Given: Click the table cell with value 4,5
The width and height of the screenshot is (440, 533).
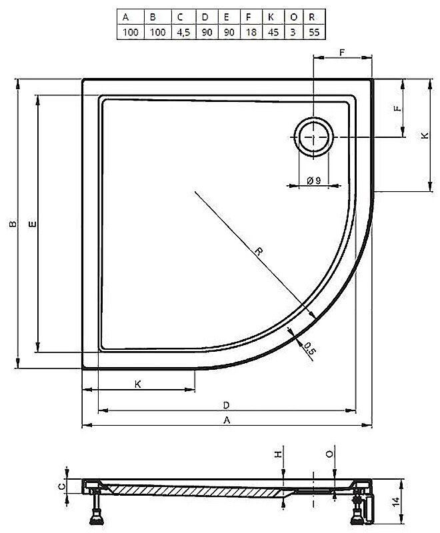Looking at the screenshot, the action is (183, 32).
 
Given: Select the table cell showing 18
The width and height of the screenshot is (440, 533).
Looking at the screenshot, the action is (251, 32).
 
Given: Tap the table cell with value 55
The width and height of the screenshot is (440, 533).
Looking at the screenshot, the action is (314, 32).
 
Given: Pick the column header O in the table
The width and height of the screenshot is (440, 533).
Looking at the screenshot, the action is (294, 17).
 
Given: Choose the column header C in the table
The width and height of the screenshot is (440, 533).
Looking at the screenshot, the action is (180, 17).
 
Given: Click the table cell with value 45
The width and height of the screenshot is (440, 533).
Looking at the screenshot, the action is (273, 32).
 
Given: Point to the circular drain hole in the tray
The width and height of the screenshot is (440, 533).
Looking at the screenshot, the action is (313, 137).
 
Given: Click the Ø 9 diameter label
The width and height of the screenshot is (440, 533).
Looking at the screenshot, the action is (313, 181).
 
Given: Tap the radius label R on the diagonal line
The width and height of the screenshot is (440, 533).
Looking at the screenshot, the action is (259, 252).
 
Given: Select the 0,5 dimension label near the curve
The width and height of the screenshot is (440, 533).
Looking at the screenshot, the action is (309, 349).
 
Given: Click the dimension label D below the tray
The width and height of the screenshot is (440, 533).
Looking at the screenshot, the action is (227, 405).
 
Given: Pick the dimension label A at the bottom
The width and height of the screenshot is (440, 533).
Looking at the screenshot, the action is (227, 420).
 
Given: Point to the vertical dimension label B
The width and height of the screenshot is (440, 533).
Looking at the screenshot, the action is (13, 224).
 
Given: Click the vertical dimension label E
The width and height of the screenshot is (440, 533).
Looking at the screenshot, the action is (32, 224).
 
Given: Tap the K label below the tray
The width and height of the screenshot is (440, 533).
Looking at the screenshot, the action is (138, 384).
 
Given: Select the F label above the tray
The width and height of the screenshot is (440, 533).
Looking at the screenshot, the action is (342, 53).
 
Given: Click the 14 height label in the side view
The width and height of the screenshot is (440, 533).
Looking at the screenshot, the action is (395, 502).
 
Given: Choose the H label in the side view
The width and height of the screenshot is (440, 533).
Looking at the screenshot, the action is (279, 454).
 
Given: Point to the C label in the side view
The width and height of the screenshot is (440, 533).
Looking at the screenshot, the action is (61, 487).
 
